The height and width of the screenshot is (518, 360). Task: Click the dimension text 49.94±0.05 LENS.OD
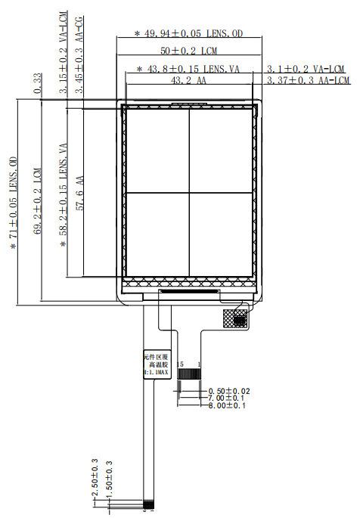point(189,33)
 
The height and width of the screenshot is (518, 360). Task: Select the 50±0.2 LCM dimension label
point(188,51)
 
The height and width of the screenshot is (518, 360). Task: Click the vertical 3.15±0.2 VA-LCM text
point(64,53)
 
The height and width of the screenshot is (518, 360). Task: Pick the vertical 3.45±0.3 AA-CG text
point(79,54)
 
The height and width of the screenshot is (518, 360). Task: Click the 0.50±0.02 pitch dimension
point(228,391)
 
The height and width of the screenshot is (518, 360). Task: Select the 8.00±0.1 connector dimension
point(228,406)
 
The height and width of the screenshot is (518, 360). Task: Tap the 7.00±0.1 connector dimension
point(228,399)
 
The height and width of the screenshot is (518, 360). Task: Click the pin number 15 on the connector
point(180,364)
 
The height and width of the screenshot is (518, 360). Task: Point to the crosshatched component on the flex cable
point(236,317)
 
